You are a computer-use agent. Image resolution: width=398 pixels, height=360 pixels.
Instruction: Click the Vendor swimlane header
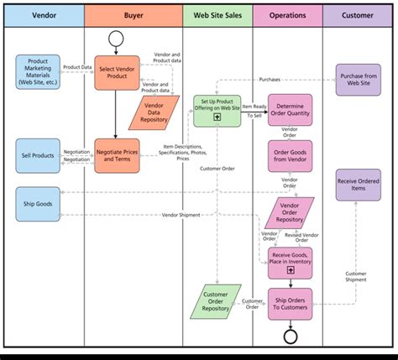(x=44, y=16)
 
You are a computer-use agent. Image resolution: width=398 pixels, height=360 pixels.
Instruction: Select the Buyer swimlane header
(x=134, y=16)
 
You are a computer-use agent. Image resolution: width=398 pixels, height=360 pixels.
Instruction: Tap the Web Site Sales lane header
(x=217, y=16)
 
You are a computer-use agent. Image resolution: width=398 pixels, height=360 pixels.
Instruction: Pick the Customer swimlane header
(x=357, y=16)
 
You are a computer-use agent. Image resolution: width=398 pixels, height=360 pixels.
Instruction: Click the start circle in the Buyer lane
(x=116, y=39)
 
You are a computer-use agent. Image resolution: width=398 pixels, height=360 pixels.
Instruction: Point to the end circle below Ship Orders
(x=291, y=336)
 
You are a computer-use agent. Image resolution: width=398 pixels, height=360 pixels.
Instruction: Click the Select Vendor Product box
(x=117, y=72)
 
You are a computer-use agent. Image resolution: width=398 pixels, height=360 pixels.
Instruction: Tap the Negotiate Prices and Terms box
(x=117, y=155)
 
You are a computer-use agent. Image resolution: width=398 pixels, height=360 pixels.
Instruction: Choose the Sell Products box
(x=38, y=155)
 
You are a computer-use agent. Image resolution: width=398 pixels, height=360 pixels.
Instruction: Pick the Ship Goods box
(x=38, y=203)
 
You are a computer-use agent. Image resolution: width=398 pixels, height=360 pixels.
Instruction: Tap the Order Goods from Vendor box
(x=291, y=155)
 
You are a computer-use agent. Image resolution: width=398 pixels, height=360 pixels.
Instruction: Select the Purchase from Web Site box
(x=359, y=81)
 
